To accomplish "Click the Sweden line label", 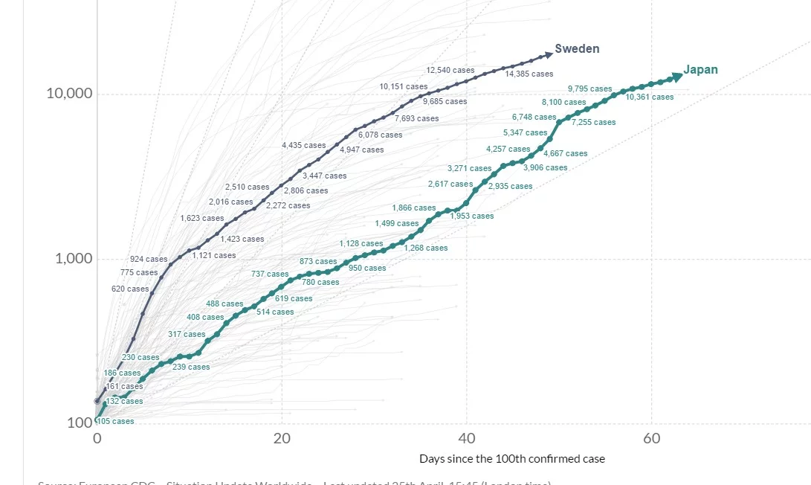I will (x=578, y=49).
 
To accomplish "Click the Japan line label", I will (x=700, y=70).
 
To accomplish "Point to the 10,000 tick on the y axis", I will (x=68, y=94).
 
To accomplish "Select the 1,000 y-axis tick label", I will (x=73, y=259).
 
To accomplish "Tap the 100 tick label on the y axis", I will (x=80, y=423).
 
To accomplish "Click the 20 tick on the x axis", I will (x=282, y=439).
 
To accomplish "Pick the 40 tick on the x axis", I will (x=467, y=439).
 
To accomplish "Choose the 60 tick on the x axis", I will (x=651, y=439).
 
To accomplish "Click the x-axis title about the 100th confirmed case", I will (x=512, y=459).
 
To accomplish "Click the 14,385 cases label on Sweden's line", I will (x=529, y=74).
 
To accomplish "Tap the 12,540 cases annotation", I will (x=450, y=71).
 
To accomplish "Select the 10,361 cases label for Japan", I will (x=650, y=97).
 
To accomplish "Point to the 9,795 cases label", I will (x=590, y=89).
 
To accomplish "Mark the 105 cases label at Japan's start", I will (x=116, y=422).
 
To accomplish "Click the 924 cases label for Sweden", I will (x=149, y=260).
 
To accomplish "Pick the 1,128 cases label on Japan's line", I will (x=361, y=244).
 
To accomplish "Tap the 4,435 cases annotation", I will (x=303, y=146).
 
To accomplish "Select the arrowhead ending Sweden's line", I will (x=549, y=54).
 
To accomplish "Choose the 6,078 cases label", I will (x=380, y=135).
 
